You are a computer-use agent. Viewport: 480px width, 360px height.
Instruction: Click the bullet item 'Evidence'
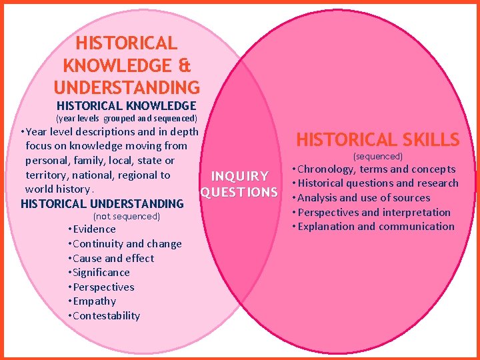[94, 229]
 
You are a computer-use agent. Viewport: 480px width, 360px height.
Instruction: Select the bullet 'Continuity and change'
[127, 244]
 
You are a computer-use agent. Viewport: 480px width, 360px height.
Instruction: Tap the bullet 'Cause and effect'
[113, 259]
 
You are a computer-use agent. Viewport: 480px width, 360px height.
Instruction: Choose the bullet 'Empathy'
[94, 301]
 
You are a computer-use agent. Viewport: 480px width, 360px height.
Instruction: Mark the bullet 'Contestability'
[106, 316]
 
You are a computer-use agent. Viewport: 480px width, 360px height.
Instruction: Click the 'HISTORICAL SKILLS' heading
[377, 140]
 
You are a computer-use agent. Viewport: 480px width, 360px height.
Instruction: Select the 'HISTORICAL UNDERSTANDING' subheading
[102, 204]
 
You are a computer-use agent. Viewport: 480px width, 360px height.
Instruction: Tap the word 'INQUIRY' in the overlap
[239, 177]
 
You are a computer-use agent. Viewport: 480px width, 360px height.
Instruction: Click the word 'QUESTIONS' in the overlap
[239, 193]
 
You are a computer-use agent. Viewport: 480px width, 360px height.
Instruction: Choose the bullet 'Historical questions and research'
[377, 183]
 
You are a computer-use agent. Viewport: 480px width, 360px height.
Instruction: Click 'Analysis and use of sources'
[363, 198]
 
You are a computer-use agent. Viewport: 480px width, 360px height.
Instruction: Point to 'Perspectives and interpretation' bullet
[373, 213]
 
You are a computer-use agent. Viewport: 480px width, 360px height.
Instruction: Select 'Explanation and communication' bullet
[375, 227]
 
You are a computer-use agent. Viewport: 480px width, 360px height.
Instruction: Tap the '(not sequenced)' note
[127, 217]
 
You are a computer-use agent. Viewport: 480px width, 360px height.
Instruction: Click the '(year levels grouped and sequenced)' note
[126, 119]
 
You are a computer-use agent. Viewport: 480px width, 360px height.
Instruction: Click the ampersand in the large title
[184, 66]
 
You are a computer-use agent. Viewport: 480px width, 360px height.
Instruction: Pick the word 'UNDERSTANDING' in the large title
[127, 87]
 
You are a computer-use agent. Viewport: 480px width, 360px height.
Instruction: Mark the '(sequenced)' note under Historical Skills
[377, 156]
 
